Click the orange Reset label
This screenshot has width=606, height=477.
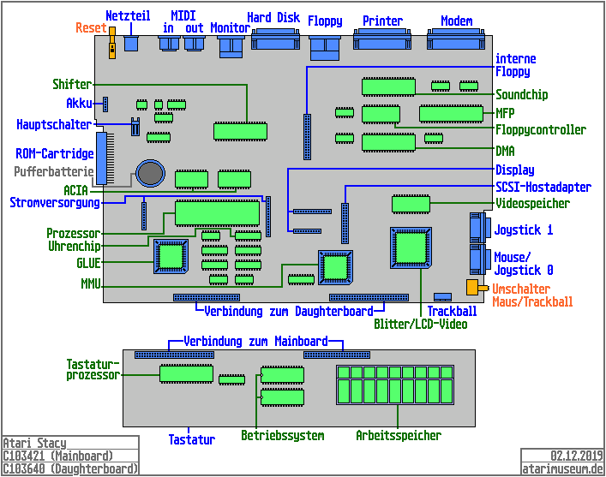click(x=91, y=28)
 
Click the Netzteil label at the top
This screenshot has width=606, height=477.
click(x=129, y=16)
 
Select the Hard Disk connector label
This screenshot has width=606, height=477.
click(x=273, y=17)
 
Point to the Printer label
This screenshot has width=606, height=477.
click(x=382, y=21)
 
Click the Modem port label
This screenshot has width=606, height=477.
click(x=456, y=21)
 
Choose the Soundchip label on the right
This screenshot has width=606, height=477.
click(x=521, y=95)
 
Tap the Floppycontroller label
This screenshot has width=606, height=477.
click(x=540, y=130)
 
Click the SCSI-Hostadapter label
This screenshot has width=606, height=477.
click(x=543, y=187)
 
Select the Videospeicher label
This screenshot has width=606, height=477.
click(x=531, y=204)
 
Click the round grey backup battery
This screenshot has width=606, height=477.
click(x=152, y=174)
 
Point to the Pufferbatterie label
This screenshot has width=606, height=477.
click(x=54, y=171)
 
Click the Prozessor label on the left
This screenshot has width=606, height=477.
click(x=73, y=233)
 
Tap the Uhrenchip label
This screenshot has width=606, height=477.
click(x=74, y=246)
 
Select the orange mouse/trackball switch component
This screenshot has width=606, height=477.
click(x=471, y=287)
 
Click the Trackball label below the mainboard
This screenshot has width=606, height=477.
click(x=452, y=311)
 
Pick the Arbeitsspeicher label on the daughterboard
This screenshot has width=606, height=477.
click(x=399, y=436)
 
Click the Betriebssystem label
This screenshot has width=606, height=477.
click(x=282, y=436)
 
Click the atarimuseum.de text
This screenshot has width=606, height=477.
click(x=563, y=468)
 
